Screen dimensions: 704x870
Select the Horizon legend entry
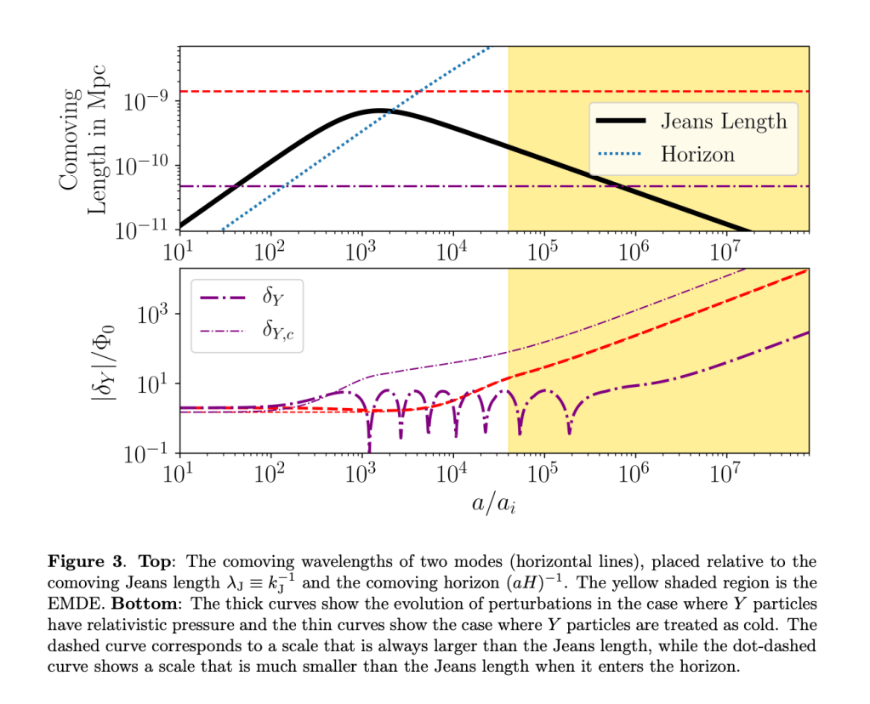(x=697, y=154)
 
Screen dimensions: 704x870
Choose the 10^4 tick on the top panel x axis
(x=452, y=253)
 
